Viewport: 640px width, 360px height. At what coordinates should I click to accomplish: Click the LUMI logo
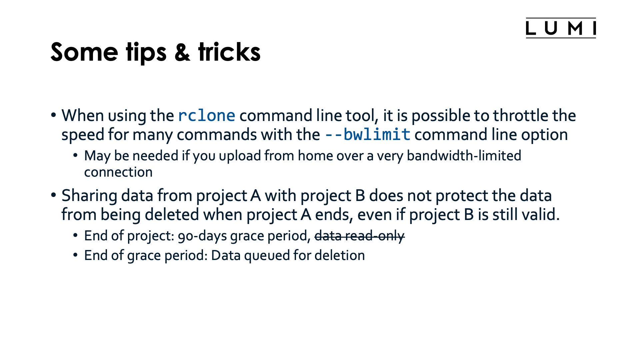click(561, 28)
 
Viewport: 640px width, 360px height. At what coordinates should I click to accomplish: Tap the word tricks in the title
click(229, 52)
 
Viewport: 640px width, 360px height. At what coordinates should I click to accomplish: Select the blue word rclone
click(207, 116)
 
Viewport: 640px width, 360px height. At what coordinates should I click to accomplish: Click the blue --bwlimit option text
click(367, 135)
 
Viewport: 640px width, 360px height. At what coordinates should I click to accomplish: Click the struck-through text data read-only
click(359, 236)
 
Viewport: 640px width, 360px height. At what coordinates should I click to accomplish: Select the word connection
click(118, 172)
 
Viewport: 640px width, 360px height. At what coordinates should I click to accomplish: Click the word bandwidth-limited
click(464, 156)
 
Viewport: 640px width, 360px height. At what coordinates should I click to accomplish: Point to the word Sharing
click(89, 196)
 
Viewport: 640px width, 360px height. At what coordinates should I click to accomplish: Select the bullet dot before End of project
click(76, 235)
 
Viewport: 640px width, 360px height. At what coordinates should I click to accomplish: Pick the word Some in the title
click(84, 52)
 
